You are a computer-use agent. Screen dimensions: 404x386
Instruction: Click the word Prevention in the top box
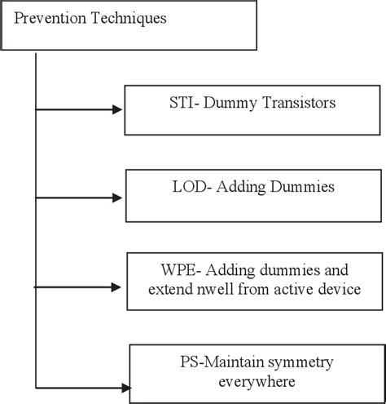click(x=47, y=17)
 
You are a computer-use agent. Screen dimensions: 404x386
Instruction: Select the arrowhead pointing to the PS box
click(x=123, y=388)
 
